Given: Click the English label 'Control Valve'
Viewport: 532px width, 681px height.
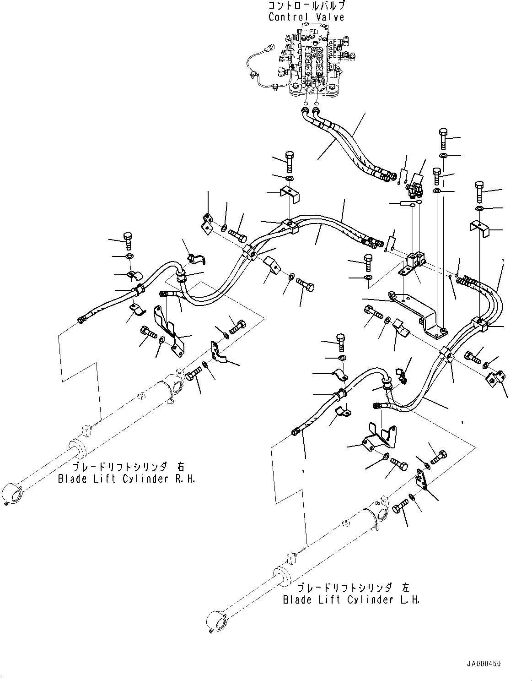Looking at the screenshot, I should click(306, 17).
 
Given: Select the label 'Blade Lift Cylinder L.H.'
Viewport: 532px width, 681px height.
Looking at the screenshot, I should click(351, 599).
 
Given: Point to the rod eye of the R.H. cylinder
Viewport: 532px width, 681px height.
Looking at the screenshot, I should click(11, 495).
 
